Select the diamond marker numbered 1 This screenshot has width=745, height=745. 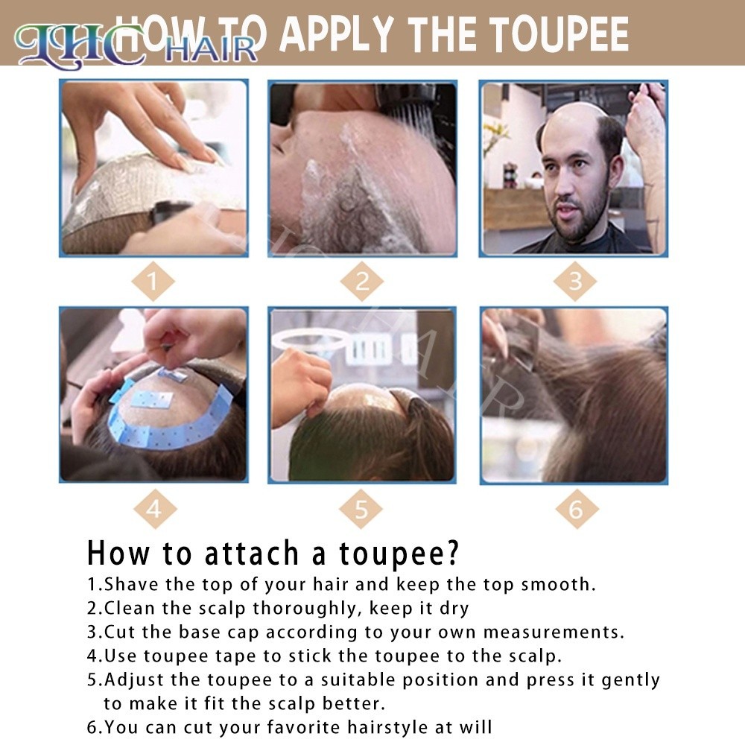(153, 282)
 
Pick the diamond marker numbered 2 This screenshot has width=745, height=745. (362, 282)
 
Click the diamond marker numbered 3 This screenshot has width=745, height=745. (575, 282)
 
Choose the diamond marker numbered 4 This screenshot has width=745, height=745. (155, 509)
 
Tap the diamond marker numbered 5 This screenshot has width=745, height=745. (361, 509)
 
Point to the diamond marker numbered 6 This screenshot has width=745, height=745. (577, 509)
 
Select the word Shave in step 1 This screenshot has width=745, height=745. (131, 584)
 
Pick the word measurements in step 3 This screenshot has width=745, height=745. (553, 632)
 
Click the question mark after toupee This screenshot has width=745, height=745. (452, 551)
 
